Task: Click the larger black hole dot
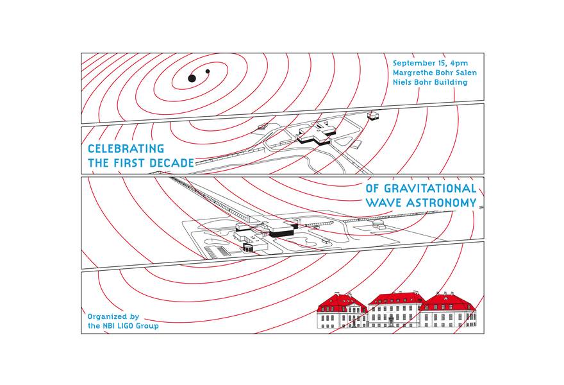coord(192,78)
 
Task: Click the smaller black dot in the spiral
coord(207,71)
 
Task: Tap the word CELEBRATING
coord(126,149)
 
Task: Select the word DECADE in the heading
coord(171,164)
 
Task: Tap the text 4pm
coord(459,63)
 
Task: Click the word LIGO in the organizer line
coord(128,326)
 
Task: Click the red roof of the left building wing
coord(342,300)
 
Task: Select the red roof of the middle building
coord(395,298)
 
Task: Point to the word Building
coord(449,82)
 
